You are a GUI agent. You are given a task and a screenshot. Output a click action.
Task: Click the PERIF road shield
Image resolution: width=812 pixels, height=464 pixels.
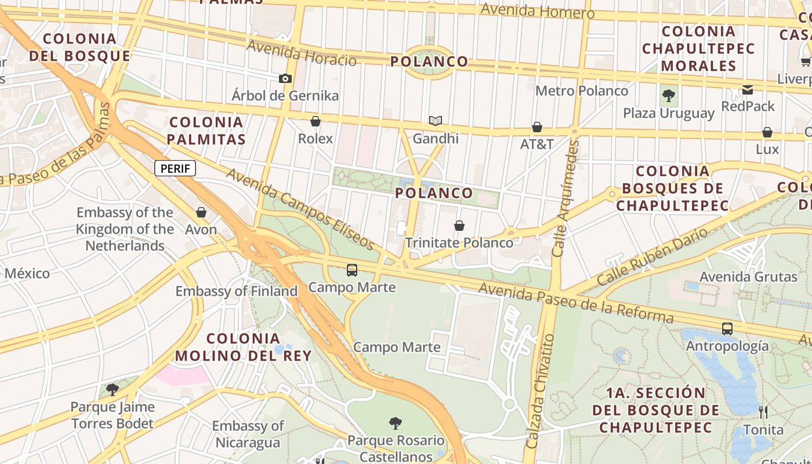click(175, 169)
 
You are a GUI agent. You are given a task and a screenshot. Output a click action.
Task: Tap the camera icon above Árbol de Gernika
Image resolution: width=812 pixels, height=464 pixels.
click(285, 78)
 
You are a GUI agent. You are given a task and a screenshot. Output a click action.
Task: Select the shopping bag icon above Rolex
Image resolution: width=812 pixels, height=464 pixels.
click(316, 121)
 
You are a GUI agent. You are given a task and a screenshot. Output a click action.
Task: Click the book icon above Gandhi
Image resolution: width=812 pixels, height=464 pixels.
click(436, 121)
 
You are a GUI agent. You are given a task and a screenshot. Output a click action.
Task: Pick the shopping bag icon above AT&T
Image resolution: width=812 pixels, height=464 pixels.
click(537, 127)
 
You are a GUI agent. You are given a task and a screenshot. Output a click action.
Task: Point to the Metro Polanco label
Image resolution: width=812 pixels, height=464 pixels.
click(581, 91)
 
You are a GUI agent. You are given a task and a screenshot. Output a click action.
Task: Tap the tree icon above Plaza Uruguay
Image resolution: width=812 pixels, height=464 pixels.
click(669, 95)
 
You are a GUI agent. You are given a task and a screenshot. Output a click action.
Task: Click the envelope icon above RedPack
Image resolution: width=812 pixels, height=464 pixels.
click(748, 89)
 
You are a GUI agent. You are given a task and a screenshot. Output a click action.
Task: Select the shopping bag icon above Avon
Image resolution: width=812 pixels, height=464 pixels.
click(201, 213)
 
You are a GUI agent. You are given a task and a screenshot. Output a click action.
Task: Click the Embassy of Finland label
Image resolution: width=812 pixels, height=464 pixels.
click(237, 291)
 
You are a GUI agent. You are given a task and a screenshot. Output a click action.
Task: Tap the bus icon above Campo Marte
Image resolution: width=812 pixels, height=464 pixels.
click(352, 270)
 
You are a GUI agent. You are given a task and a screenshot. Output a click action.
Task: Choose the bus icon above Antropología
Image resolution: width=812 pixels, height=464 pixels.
click(727, 329)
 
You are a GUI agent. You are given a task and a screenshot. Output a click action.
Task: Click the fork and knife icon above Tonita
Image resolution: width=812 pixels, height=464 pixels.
click(763, 412)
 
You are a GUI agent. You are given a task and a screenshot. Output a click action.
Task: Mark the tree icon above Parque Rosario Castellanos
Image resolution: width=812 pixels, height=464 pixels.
click(396, 423)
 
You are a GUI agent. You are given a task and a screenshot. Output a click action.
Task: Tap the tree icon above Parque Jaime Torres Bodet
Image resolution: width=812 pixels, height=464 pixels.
click(113, 389)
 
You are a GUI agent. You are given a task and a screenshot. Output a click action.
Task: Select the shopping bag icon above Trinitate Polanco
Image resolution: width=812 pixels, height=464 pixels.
click(459, 225)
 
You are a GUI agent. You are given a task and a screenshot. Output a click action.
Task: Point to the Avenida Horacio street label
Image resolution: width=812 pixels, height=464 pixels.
click(302, 53)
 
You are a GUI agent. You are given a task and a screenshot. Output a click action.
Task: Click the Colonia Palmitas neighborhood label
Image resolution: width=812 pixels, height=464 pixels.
click(207, 130)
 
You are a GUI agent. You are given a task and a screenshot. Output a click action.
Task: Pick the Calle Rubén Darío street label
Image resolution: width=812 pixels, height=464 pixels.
click(652, 256)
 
